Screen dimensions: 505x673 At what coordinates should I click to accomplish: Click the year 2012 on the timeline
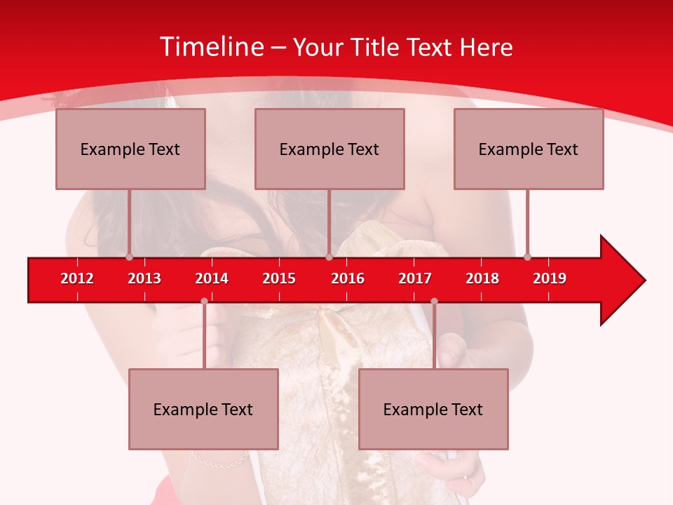[x=77, y=278]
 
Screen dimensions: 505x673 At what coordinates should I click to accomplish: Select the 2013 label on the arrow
[x=144, y=278]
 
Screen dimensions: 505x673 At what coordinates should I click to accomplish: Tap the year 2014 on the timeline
[x=212, y=278]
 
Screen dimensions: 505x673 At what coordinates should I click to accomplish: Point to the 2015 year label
[x=279, y=278]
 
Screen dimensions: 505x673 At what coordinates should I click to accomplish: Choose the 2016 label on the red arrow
[x=348, y=278]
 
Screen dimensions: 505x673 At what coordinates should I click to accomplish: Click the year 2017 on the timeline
[x=415, y=278]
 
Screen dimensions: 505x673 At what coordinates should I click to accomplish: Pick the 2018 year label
[x=482, y=278]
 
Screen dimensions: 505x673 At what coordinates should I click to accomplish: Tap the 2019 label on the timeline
[x=550, y=278]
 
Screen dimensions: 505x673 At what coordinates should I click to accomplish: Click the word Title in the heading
[x=375, y=47]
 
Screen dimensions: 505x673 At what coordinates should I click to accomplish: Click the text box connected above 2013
[x=130, y=149]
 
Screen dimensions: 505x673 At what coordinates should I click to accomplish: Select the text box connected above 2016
[x=329, y=149]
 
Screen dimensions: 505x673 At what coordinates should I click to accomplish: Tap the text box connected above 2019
[x=529, y=149]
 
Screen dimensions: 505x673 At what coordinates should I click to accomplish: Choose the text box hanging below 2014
[x=203, y=409]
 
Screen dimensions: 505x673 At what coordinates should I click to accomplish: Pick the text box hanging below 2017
[x=433, y=409]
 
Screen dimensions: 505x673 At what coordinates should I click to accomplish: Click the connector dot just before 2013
[x=129, y=257]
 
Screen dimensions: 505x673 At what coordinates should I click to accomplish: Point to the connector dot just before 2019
[x=527, y=257]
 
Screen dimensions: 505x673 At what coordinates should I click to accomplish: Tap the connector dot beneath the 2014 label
[x=204, y=301]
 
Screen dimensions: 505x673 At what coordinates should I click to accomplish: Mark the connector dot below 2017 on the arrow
[x=434, y=301]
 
